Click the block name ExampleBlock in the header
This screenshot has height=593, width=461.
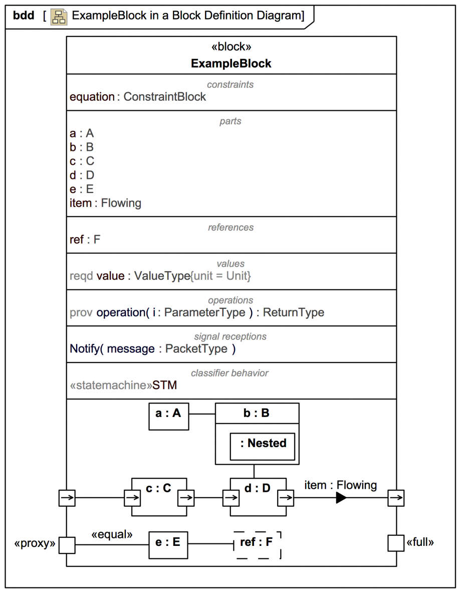point(231,64)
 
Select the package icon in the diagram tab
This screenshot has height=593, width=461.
point(59,17)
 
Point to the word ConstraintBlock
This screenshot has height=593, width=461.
point(165,97)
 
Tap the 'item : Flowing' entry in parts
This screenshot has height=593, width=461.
point(105,203)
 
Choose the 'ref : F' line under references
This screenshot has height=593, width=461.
point(85,240)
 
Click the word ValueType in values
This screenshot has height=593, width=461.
point(161,276)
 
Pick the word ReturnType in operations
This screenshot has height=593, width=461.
point(293,312)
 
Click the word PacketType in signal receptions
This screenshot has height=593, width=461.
point(196,349)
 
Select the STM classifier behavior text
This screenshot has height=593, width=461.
point(165,385)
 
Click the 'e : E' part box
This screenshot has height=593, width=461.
point(168,544)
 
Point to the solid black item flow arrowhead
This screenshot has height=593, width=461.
point(341,498)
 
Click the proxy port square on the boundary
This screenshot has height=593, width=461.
point(67,545)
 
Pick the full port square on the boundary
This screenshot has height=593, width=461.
point(396,543)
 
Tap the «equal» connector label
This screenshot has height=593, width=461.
point(112,534)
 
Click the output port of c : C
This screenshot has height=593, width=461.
point(186,498)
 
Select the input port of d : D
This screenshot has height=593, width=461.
point(231,498)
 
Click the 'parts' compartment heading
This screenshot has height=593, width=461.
point(231,121)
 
